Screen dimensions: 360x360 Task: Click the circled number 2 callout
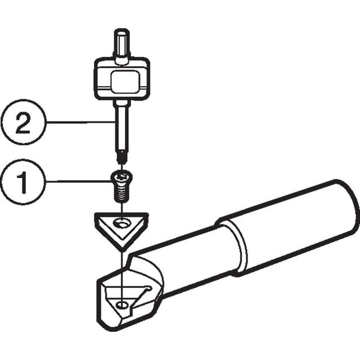coord(24,122)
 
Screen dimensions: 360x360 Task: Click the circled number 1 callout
coord(22,182)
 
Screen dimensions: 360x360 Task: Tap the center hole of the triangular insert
coord(122,223)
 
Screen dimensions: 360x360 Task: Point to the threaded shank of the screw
coord(121,194)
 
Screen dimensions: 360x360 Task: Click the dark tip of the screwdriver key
coord(121,157)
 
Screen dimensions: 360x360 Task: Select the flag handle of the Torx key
coord(122,79)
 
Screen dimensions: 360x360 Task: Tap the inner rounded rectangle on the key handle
coord(125,82)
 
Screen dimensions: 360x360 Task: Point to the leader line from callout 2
coord(80,122)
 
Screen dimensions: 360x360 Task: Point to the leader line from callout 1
coord(78,181)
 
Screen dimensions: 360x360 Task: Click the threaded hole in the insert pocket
coord(122,305)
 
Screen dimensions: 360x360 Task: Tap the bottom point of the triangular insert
coord(123,251)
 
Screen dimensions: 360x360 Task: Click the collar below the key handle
coord(121,103)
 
